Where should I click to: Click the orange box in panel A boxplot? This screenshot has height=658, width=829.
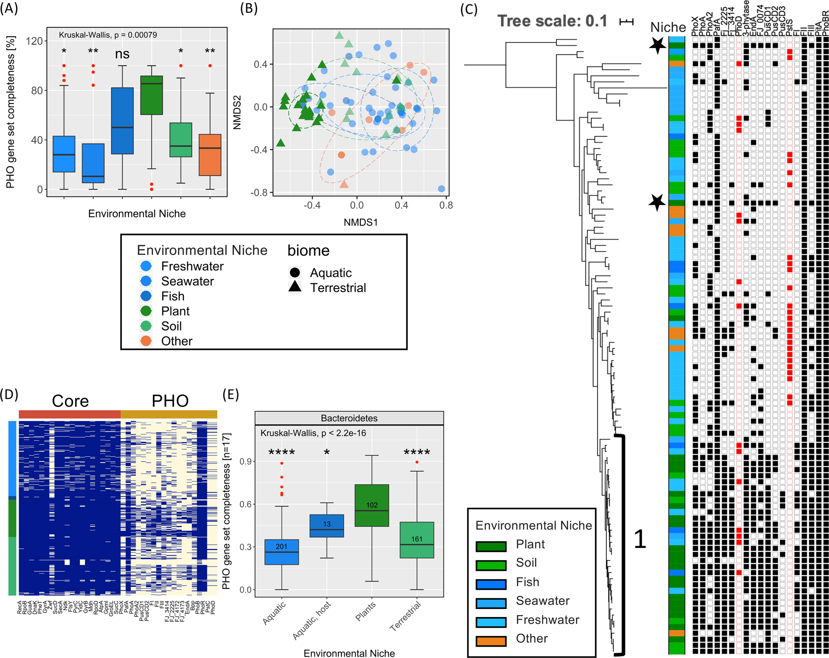click(210, 155)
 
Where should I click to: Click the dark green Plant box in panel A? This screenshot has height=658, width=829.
click(151, 95)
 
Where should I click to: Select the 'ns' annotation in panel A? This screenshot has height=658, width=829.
click(122, 54)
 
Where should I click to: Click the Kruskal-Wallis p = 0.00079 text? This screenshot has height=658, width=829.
click(108, 35)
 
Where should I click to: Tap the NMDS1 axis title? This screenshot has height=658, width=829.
click(361, 222)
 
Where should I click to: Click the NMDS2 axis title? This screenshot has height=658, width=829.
click(237, 112)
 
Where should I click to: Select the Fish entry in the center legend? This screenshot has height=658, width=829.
click(172, 296)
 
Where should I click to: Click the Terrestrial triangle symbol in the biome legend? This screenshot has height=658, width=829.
click(295, 287)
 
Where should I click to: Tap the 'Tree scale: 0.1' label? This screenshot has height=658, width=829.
click(553, 21)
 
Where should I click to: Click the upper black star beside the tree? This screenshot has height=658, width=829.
click(657, 45)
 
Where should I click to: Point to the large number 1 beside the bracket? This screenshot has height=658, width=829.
click(640, 539)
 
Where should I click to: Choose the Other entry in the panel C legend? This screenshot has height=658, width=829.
click(531, 639)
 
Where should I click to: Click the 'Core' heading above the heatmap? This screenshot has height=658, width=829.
click(70, 401)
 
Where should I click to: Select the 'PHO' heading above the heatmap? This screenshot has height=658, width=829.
click(170, 401)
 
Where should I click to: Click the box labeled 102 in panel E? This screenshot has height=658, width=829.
click(372, 505)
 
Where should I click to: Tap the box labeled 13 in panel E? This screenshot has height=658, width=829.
click(327, 525)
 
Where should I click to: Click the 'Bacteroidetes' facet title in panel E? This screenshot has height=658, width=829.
click(349, 418)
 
